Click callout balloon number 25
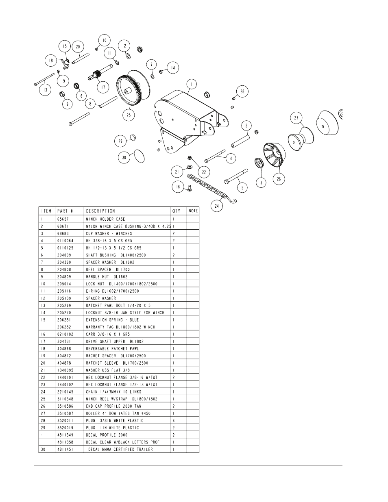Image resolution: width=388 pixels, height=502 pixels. (129, 115)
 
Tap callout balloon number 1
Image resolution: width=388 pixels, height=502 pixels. (192, 84)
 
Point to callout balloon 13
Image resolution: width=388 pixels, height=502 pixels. (45, 89)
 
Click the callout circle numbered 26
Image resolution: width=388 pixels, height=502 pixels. (279, 178)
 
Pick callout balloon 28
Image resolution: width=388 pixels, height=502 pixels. (242, 91)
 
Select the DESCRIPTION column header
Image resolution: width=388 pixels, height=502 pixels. (100, 211)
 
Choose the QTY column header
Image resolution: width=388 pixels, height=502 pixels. (176, 211)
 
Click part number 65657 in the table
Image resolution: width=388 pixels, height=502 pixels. (65, 219)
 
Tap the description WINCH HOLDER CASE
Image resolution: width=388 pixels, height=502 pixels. (105, 219)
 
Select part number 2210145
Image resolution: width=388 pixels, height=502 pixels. (66, 392)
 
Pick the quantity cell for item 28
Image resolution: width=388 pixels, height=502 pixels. (174, 421)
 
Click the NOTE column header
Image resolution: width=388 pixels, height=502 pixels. (193, 211)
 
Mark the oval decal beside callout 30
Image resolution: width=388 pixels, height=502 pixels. (140, 156)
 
